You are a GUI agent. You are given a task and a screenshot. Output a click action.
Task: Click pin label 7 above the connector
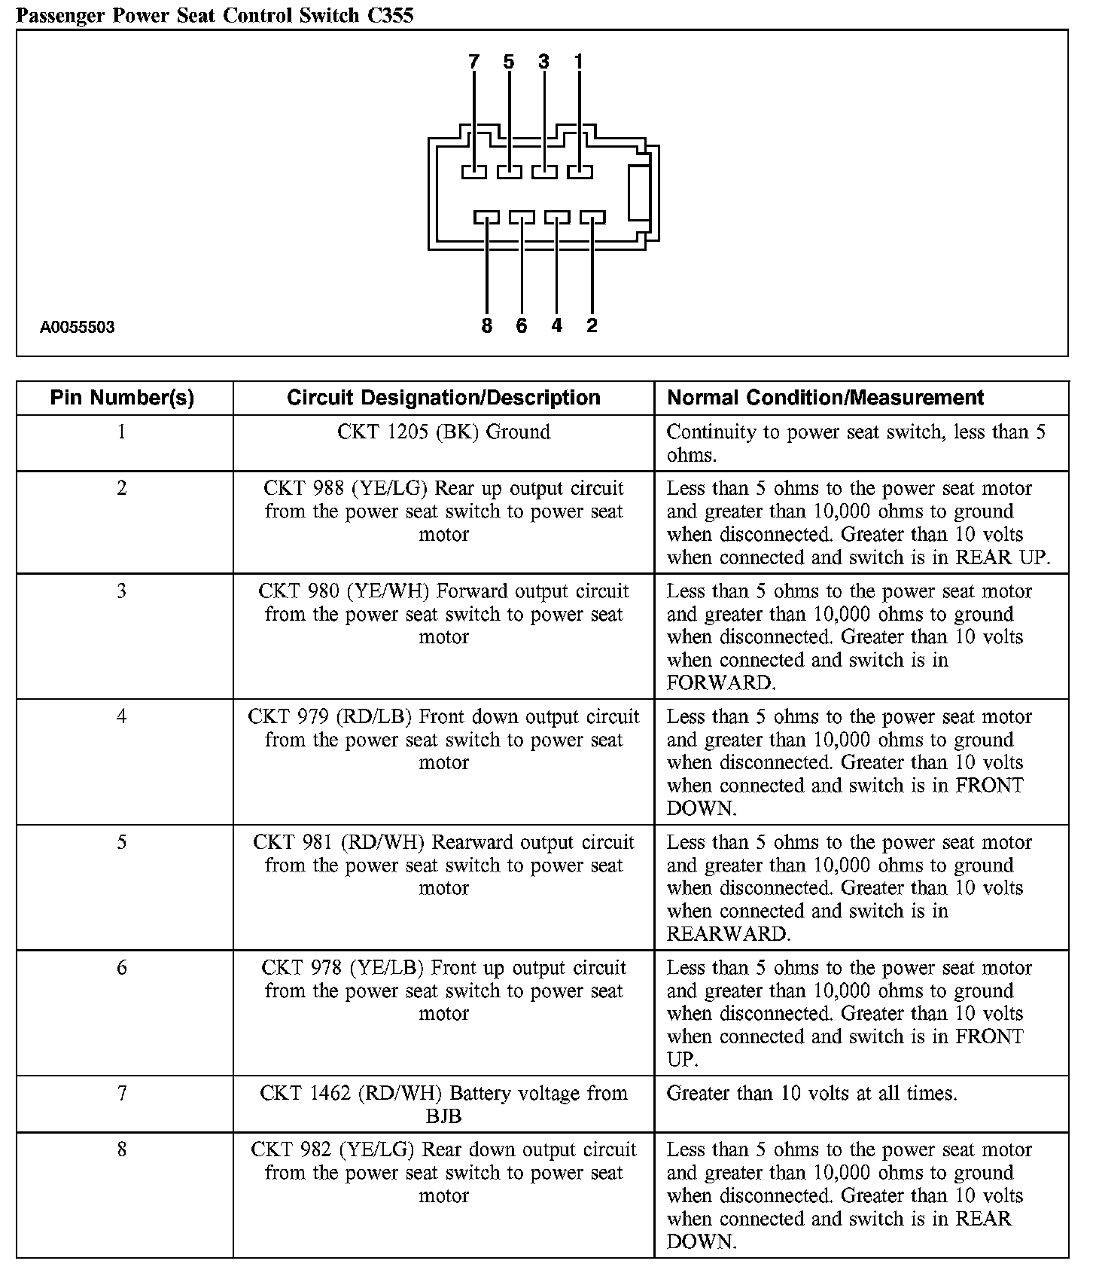point(473,62)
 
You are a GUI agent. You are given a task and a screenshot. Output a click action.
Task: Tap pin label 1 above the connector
point(579,62)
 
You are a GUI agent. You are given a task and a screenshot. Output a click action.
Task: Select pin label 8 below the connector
point(486,325)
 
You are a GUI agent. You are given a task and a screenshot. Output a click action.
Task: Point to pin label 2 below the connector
point(592,325)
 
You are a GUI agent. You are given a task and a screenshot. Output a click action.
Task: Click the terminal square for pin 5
point(510,172)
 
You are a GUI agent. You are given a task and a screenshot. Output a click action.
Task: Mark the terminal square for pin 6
point(522,218)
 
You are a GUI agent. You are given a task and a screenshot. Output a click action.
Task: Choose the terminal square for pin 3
point(545,172)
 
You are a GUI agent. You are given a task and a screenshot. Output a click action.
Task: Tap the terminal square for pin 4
point(557,218)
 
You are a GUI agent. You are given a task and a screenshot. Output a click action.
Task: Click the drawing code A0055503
point(78,327)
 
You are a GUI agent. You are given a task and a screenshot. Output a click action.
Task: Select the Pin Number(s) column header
point(122,398)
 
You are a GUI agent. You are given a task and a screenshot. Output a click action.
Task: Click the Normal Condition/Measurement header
point(826,398)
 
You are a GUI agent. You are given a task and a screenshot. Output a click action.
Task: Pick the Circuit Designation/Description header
point(443,398)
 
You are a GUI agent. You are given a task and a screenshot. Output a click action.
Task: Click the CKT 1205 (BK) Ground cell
point(443,432)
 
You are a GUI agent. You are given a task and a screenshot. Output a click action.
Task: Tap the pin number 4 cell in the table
point(122,716)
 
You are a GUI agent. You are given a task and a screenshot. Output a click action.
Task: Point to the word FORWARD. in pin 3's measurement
point(720,683)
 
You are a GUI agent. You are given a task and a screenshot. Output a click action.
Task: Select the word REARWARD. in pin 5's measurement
point(728,934)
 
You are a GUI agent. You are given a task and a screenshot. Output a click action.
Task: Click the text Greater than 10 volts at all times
point(811,1093)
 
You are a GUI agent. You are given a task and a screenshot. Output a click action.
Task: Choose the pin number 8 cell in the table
point(122,1149)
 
